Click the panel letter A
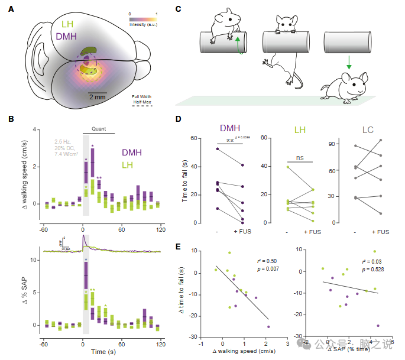[x=11, y=9]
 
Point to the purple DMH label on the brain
[x=70, y=37]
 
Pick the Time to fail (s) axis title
[x=184, y=180]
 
